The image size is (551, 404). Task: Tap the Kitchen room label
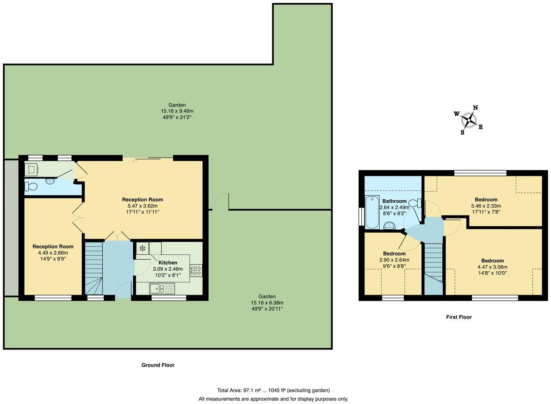point(168,262)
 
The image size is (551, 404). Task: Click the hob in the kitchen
point(196,270)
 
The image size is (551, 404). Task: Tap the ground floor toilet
point(32,186)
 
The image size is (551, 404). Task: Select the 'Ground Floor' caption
point(158,365)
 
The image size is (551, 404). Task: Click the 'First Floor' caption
point(458,317)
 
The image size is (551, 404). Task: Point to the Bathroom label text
point(394,201)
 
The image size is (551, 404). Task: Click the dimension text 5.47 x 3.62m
point(142,206)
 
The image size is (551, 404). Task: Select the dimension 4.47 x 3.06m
point(492,267)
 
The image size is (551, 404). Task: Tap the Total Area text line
point(273,390)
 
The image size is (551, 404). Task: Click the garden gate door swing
point(221,202)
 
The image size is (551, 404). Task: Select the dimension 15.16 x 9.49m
point(177,111)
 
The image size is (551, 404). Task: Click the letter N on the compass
point(475,108)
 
